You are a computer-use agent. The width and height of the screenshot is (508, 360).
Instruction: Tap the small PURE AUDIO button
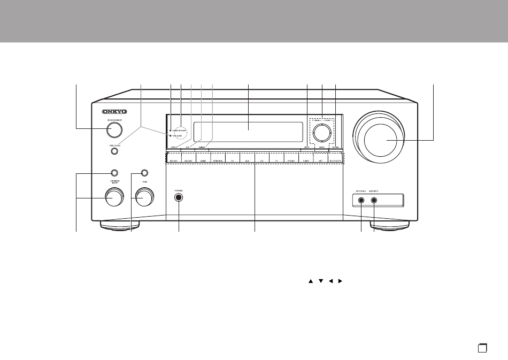point(114,151)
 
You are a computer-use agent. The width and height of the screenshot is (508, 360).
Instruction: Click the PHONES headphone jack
point(179,197)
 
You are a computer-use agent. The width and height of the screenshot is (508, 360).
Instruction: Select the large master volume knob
point(381,137)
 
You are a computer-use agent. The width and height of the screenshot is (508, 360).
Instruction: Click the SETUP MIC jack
point(361,202)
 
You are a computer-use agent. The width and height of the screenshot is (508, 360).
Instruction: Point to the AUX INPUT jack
point(374,202)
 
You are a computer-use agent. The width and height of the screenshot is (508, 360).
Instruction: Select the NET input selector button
point(320,159)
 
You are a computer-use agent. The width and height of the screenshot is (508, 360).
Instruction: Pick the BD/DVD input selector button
point(173,159)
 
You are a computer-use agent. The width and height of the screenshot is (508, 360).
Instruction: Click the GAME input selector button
point(203,159)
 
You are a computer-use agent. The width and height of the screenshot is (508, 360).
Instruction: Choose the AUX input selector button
point(247,159)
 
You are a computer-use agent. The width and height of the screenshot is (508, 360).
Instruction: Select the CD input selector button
point(261,159)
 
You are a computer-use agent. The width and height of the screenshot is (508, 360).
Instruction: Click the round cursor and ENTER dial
point(321,131)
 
